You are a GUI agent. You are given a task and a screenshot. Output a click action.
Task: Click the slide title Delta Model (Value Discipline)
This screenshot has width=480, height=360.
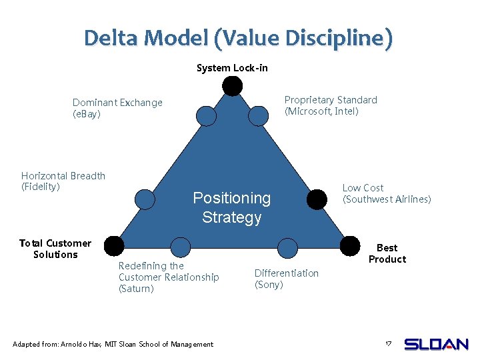238,38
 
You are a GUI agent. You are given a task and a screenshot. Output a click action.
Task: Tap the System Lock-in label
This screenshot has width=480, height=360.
232,68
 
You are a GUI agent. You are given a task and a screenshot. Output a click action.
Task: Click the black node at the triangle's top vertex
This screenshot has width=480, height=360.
232,86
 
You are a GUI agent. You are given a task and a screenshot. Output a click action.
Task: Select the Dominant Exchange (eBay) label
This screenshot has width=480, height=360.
117,108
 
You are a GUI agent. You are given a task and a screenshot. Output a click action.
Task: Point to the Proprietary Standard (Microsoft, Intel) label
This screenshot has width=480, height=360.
331,105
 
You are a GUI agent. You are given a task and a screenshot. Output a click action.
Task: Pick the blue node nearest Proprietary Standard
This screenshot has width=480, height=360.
258,117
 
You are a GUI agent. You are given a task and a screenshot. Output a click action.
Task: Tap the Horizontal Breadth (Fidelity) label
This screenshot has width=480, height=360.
63,181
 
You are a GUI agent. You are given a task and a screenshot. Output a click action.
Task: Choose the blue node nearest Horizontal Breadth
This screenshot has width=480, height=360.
145,199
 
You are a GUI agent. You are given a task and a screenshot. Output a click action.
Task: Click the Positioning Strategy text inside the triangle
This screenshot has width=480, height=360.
231,207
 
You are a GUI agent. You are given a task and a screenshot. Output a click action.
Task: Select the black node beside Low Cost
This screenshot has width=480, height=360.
317,199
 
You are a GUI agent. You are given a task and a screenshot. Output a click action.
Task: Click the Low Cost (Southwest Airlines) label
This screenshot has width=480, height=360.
387,193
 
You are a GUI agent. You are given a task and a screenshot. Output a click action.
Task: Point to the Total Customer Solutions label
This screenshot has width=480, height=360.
55,249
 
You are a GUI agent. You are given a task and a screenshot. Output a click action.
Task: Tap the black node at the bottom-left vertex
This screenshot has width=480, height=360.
114,246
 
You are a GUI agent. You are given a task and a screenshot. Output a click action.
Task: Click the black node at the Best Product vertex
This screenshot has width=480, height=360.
349,246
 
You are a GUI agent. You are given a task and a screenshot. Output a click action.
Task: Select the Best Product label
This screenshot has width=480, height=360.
387,253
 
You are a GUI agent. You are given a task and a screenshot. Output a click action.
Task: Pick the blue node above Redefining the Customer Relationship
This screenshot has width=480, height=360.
179,247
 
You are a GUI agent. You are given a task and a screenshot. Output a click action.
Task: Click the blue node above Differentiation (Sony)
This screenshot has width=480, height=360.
287,248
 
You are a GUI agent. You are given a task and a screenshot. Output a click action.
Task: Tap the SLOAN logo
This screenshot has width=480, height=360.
437,344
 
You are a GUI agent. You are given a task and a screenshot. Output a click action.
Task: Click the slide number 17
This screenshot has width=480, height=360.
388,343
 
